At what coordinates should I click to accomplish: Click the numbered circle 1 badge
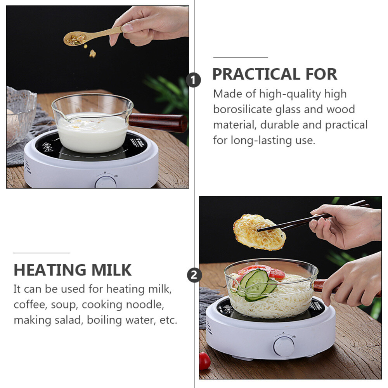tap(193, 80)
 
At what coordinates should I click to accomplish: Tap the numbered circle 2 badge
tap(194, 275)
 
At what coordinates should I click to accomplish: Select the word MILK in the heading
tap(111, 270)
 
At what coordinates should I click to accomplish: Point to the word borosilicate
tap(242, 109)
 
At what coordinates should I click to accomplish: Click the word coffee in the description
tap(30, 304)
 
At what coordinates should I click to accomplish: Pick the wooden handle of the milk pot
tap(158, 123)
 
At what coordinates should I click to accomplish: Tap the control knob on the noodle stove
tap(284, 346)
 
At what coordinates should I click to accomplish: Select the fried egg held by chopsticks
tap(259, 232)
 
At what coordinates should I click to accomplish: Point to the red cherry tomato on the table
tap(204, 361)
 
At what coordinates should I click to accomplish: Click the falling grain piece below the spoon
tap(93, 54)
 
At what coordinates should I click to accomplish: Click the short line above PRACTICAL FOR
tap(241, 57)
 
